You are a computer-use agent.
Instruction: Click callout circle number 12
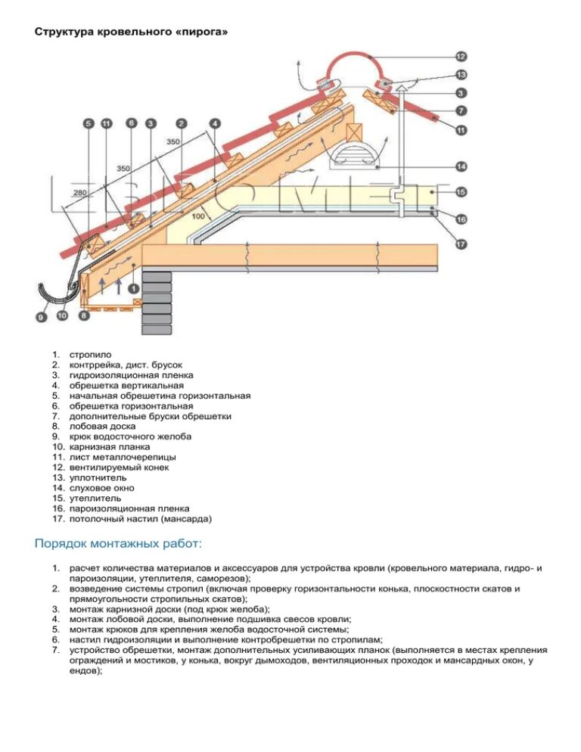461,55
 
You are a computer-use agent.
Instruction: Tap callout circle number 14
461,166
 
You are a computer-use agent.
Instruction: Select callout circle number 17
461,244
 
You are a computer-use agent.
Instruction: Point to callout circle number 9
41,317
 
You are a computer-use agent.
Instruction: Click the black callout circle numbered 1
133,287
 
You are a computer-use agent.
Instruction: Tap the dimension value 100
199,216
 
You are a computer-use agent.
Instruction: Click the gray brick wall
157,303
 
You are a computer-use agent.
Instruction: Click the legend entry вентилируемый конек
120,468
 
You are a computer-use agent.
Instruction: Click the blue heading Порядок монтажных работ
118,544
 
